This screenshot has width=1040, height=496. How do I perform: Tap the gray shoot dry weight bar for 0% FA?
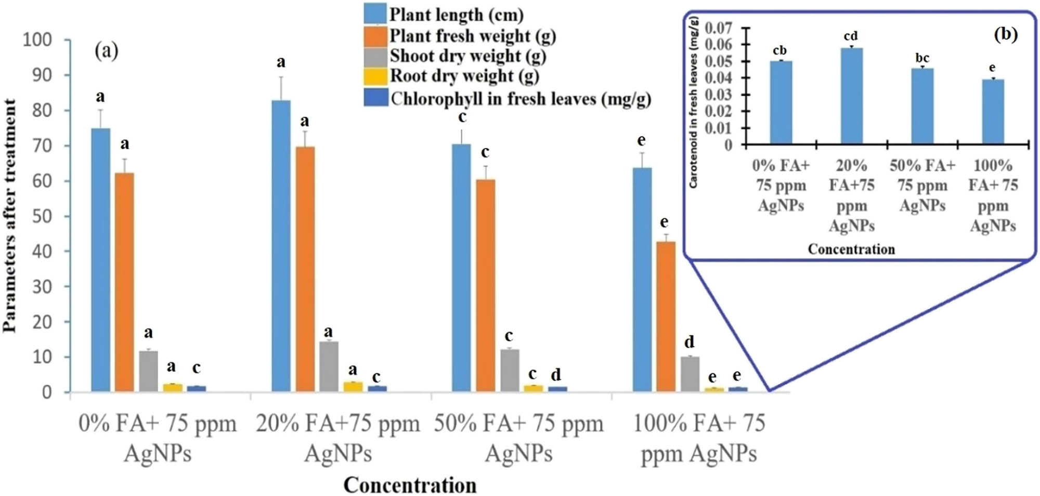[148, 371]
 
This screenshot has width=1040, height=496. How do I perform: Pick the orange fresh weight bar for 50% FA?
[485, 285]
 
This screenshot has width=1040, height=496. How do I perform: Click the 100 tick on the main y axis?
[37, 40]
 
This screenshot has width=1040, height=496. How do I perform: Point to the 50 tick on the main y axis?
[42, 216]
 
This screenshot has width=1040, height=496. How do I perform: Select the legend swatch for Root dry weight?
[375, 76]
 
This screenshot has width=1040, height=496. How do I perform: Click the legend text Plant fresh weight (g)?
[472, 36]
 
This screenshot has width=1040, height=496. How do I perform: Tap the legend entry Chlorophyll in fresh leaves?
[520, 98]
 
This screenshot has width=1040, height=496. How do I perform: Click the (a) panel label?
[107, 51]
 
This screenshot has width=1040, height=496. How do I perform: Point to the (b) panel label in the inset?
[1005, 34]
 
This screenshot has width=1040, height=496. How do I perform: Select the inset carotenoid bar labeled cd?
[851, 96]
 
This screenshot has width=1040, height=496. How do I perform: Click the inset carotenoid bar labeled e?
[993, 111]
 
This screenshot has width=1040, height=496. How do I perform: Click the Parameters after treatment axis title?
[9, 216]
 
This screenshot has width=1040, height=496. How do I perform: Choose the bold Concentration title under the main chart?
[410, 485]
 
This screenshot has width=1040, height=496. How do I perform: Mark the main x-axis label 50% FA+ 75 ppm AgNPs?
[518, 438]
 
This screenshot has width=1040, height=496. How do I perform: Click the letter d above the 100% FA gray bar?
[689, 342]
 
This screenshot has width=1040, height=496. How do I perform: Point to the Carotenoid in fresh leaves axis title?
[693, 102]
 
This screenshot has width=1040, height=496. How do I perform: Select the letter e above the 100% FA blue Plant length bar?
[642, 140]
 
